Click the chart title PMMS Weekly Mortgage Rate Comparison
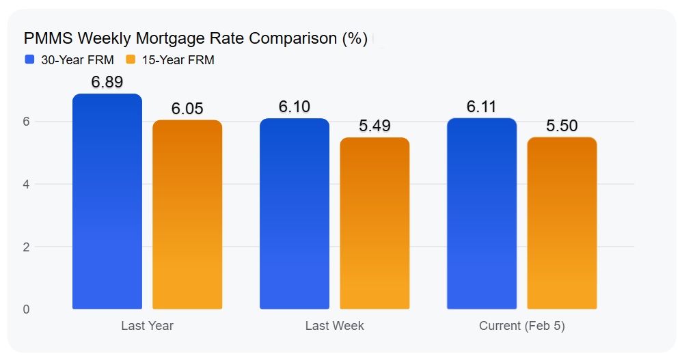tap(195, 38)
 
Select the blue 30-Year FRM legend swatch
tap(29, 59)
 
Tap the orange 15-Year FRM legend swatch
tap(131, 59)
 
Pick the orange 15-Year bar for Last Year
tap(187, 214)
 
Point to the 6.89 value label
tap(107, 82)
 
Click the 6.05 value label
tap(187, 109)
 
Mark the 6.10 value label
tap(295, 107)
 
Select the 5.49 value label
tap(375, 126)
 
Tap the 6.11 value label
tap(482, 107)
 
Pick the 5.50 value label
tap(562, 126)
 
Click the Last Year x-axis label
tap(147, 326)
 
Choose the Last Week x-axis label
tap(334, 326)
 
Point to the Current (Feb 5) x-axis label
tap(521, 326)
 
